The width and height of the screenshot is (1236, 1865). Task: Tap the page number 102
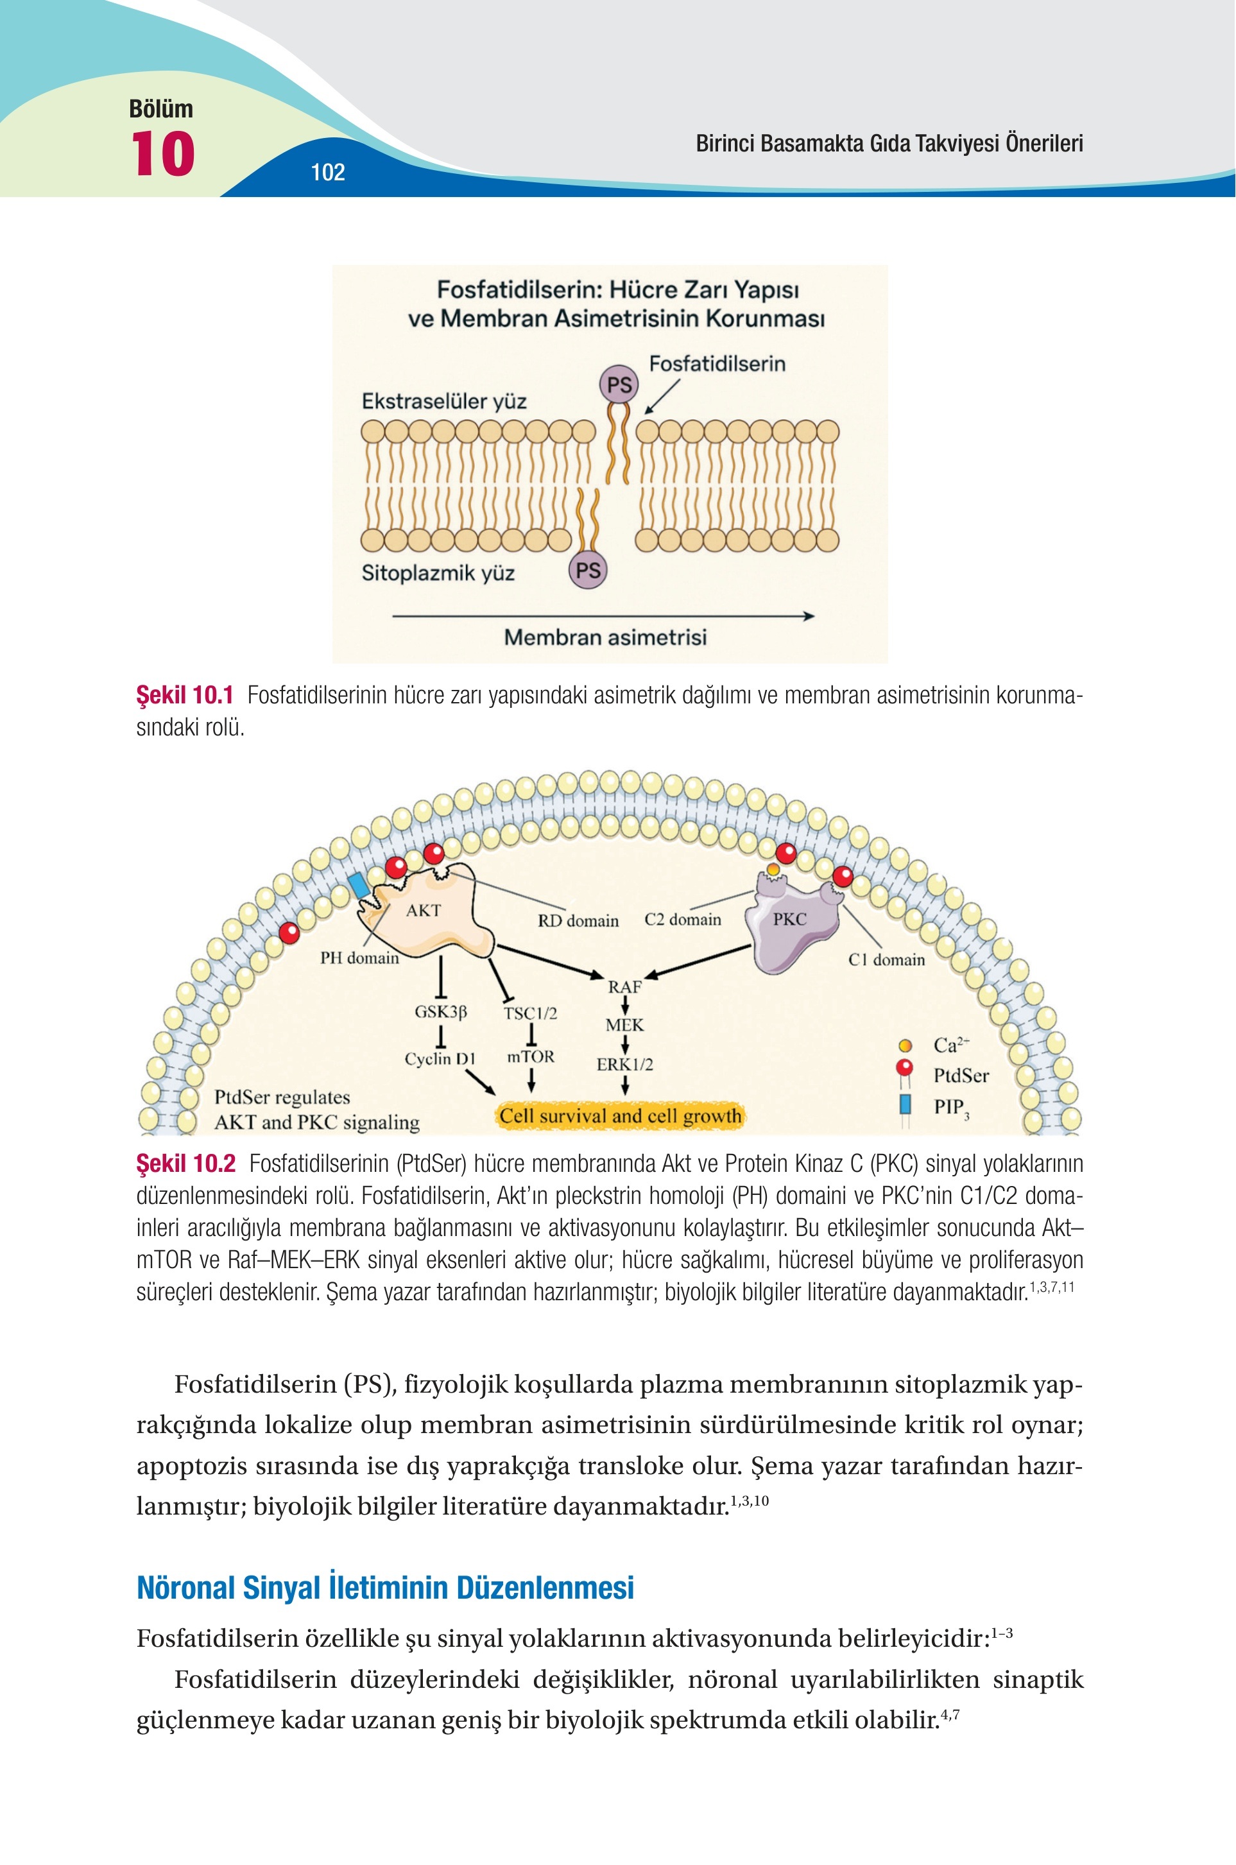(328, 173)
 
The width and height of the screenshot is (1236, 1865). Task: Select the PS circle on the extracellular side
(619, 384)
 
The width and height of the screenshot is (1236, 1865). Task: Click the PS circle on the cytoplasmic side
(588, 570)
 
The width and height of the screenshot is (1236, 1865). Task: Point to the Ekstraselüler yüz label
(444, 402)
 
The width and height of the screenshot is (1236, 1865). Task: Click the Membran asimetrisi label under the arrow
(605, 637)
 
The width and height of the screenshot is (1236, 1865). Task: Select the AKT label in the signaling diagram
(424, 911)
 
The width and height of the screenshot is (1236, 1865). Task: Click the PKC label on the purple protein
(789, 919)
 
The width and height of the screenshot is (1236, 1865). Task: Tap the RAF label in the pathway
(624, 987)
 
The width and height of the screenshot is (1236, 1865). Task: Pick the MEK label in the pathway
(624, 1026)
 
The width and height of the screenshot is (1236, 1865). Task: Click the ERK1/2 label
(624, 1064)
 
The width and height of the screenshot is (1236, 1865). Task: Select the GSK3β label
(441, 1011)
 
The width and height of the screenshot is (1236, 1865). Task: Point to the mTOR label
(531, 1056)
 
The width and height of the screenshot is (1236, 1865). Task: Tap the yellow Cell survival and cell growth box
(621, 1115)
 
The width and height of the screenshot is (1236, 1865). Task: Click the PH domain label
(359, 958)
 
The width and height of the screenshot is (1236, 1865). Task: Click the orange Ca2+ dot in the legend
(905, 1046)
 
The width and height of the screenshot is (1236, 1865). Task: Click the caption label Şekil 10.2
(186, 1164)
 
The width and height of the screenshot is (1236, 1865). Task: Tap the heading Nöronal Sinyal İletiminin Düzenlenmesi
(386, 1586)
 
